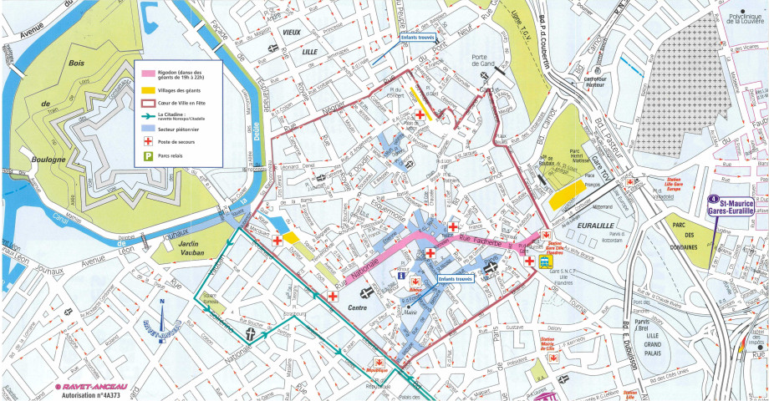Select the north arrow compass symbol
pyautogui.click(x=160, y=322)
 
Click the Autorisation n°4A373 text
pyautogui.click(x=85, y=393)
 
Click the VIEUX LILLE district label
pyautogui.click(x=291, y=41)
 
